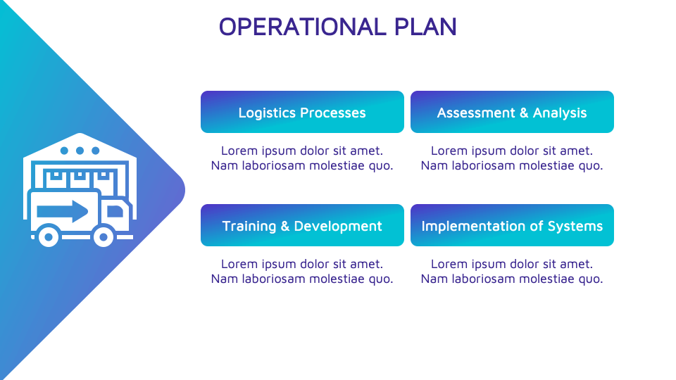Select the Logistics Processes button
tap(302, 112)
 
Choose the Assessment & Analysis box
tap(512, 112)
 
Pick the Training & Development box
tap(302, 225)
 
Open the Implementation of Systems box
tap(512, 225)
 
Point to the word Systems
tap(575, 226)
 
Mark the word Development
tap(338, 226)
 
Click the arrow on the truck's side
tap(63, 211)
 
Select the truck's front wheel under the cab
tap(104, 236)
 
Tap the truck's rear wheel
tap(48, 236)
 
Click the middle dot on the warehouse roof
tap(80, 151)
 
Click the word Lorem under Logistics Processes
tap(237, 151)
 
